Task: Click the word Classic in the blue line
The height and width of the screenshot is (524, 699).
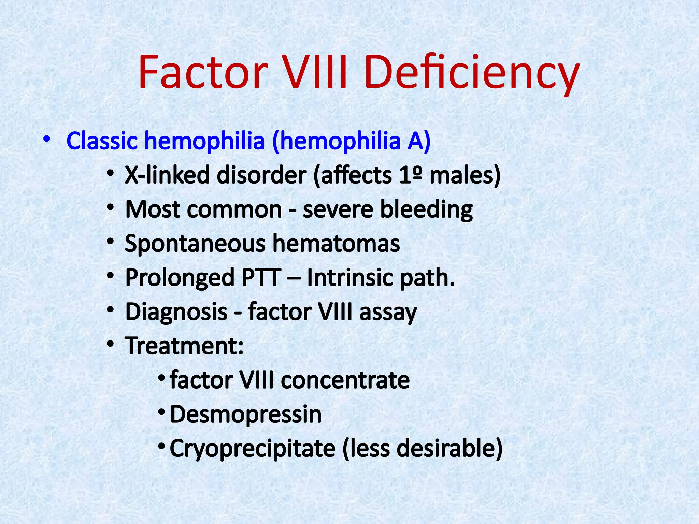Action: [102, 141]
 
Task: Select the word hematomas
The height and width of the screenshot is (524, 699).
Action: [336, 244]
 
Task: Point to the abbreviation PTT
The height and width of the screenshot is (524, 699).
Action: [261, 278]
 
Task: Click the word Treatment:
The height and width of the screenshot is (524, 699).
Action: [184, 346]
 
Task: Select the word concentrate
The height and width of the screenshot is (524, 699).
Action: [345, 380]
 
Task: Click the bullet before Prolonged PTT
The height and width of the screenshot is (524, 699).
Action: [110, 276]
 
